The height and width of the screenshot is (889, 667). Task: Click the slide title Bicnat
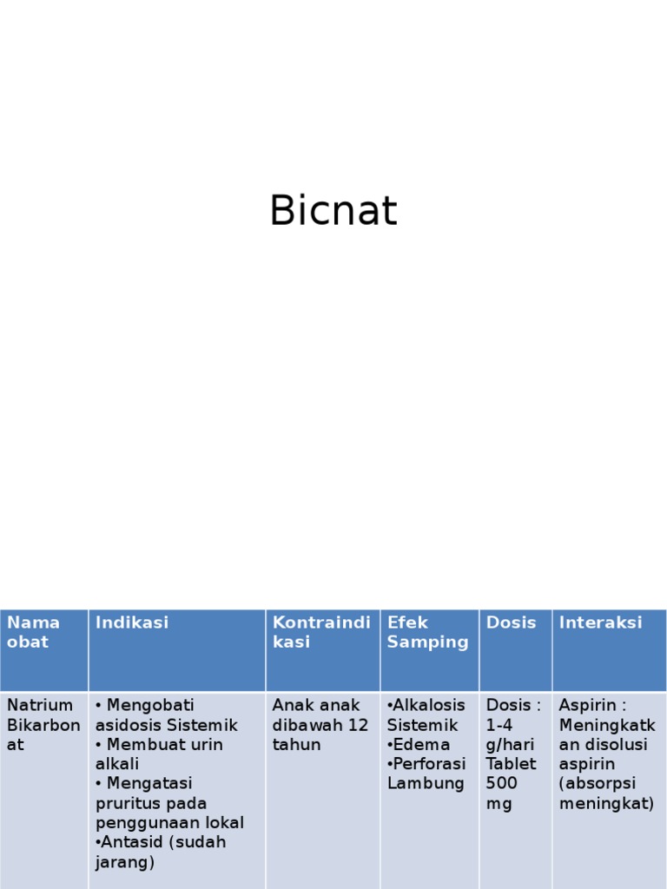pyautogui.click(x=333, y=211)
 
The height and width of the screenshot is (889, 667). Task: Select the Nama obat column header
pyautogui.click(x=34, y=632)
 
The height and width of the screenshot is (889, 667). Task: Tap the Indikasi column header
pyautogui.click(x=132, y=622)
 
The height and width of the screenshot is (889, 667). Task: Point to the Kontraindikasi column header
pyautogui.click(x=321, y=632)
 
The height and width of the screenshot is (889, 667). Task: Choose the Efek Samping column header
pyautogui.click(x=427, y=632)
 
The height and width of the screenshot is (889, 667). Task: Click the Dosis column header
pyautogui.click(x=511, y=622)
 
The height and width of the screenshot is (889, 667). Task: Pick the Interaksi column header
pyautogui.click(x=600, y=622)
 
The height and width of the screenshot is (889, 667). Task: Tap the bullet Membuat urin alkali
pyautogui.click(x=159, y=754)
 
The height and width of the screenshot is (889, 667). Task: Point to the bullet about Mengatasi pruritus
pyautogui.click(x=169, y=803)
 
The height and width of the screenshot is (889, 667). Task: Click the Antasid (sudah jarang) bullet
pyautogui.click(x=161, y=852)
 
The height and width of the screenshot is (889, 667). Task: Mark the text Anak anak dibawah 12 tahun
pyautogui.click(x=320, y=725)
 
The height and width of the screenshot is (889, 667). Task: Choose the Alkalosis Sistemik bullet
pyautogui.click(x=426, y=714)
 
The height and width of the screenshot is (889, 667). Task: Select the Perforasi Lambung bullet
pyautogui.click(x=426, y=774)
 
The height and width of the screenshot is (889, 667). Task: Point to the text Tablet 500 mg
pyautogui.click(x=511, y=783)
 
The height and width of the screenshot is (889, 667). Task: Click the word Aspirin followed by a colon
pyautogui.click(x=593, y=705)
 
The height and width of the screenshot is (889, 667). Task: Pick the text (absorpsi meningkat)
pyautogui.click(x=606, y=794)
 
